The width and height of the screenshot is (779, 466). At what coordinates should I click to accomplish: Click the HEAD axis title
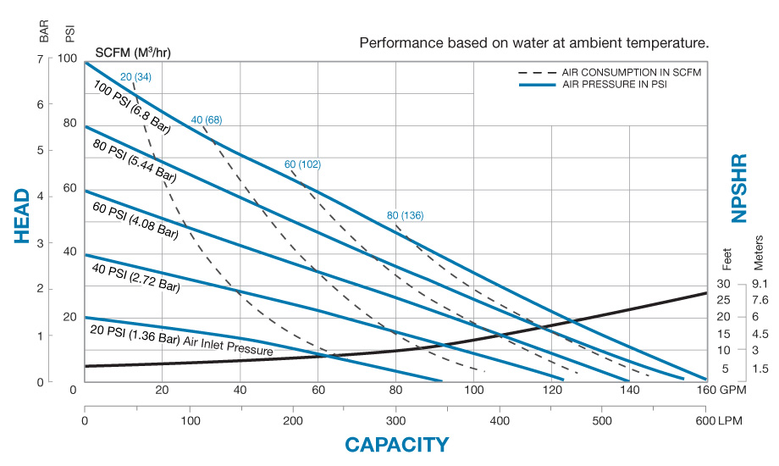click(24, 215)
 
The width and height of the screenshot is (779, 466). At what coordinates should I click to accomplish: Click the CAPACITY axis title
click(396, 444)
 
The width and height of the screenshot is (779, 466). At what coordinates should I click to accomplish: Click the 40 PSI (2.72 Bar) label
click(135, 276)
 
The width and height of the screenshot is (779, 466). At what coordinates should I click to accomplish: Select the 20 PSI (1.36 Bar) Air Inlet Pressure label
click(181, 339)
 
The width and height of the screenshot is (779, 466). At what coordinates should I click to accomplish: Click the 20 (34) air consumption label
click(135, 78)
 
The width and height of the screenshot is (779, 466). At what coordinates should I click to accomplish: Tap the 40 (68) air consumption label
click(206, 119)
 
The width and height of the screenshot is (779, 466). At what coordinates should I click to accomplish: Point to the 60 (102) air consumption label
click(302, 164)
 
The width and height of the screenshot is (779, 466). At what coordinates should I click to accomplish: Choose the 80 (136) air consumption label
click(405, 215)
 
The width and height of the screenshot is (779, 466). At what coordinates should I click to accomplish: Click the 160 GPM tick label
click(715, 391)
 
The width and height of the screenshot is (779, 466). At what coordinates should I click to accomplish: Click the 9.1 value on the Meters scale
click(759, 284)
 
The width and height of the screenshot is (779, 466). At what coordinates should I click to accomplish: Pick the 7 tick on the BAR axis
click(40, 58)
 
